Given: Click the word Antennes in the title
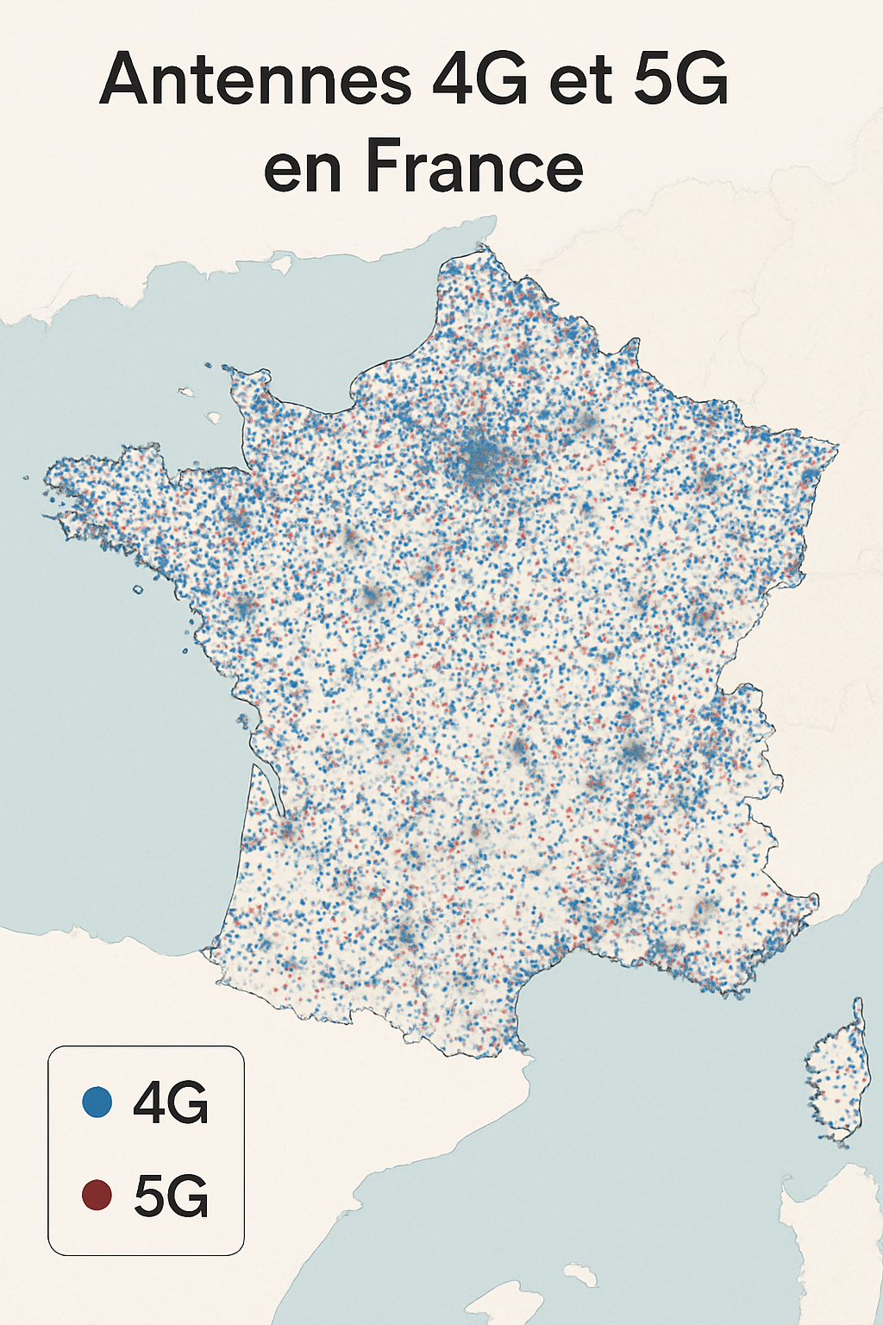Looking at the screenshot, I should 255,79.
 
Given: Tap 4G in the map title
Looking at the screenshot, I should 479,79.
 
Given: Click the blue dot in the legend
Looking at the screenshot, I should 97,1102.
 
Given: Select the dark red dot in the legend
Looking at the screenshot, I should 97,1196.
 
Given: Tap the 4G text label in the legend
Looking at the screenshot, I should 171,1102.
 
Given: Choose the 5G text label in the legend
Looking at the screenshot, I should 171,1196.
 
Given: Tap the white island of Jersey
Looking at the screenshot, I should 214,418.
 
